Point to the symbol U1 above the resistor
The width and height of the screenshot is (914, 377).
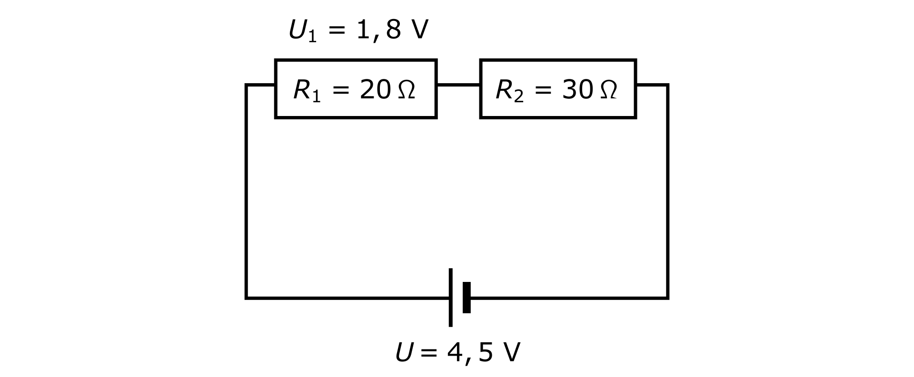(302, 31)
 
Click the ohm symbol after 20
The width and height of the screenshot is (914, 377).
(406, 90)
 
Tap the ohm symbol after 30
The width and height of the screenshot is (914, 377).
(608, 90)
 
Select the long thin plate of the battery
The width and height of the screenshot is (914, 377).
(450, 298)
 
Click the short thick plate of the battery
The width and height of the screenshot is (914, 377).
(467, 298)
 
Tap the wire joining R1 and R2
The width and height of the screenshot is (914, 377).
(458, 85)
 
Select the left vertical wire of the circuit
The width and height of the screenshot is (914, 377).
(246, 190)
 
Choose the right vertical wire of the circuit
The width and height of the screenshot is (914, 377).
(667, 190)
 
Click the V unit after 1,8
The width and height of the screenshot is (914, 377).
(419, 30)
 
